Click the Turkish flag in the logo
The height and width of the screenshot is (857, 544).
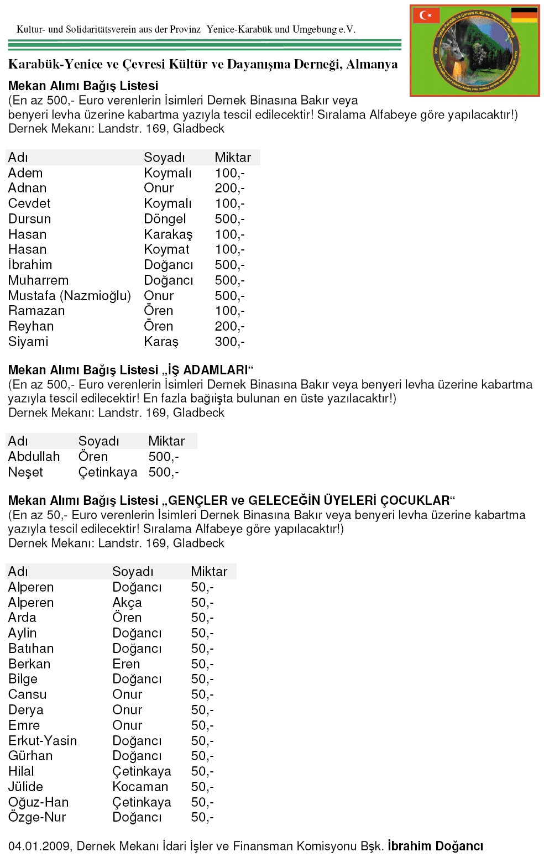click(x=426, y=15)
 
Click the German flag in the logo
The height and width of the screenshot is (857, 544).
click(x=524, y=15)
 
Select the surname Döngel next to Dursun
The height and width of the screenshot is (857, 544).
click(x=165, y=219)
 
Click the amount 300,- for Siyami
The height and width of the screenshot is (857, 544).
click(x=229, y=342)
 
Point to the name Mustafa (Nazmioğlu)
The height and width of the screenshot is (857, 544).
click(x=69, y=296)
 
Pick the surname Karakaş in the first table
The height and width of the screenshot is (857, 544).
click(x=168, y=234)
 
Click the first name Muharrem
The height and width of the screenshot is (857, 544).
click(x=38, y=280)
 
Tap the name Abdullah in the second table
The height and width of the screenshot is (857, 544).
click(x=34, y=457)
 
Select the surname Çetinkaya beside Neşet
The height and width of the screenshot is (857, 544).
click(x=108, y=472)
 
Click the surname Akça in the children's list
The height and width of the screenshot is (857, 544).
click(x=127, y=603)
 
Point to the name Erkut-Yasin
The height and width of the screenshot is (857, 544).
click(x=43, y=741)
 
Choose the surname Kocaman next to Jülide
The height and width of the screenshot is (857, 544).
click(x=140, y=787)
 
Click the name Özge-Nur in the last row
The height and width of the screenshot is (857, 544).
click(x=37, y=817)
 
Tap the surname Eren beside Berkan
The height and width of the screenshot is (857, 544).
click(x=126, y=664)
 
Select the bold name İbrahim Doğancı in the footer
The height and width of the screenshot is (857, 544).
click(x=435, y=846)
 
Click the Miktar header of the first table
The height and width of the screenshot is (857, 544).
click(x=233, y=158)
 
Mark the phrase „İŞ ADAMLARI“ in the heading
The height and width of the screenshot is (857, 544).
click(x=208, y=370)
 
